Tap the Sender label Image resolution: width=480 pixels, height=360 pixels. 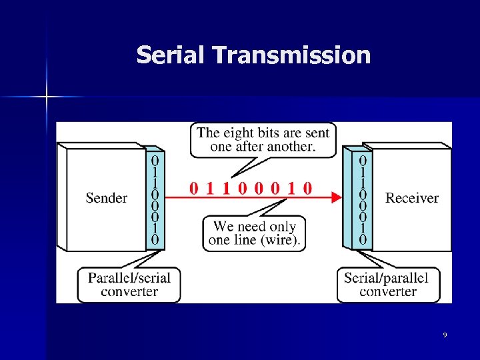click(107, 198)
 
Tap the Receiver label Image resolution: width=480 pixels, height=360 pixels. click(412, 198)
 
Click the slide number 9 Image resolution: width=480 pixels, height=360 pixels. click(445, 335)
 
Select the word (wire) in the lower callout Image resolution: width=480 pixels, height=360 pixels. click(282, 240)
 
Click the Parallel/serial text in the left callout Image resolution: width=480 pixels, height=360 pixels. click(129, 277)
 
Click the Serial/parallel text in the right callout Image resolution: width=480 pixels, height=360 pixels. click(387, 277)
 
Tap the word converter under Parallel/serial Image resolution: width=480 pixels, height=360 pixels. click(129, 291)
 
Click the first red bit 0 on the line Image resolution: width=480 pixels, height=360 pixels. click(193, 188)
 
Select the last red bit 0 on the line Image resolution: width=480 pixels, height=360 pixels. click(307, 188)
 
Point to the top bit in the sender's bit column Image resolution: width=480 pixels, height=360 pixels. click(155, 161)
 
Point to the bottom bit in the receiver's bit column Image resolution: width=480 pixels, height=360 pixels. click(363, 239)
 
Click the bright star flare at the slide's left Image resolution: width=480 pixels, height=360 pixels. click(47, 97)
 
